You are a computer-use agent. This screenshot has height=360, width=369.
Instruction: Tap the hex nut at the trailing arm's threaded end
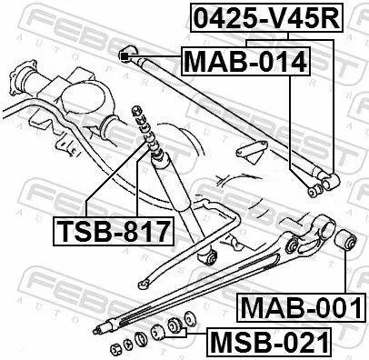pyautogui.click(x=116, y=347)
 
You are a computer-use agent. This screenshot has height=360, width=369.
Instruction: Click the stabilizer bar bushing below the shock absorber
pyautogui.click(x=208, y=258)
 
